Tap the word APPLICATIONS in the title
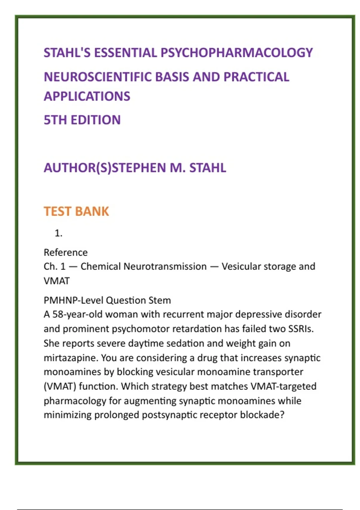pyautogui.click(x=87, y=96)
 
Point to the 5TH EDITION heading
pyautogui.click(x=82, y=120)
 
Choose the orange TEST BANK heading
pyautogui.click(x=76, y=211)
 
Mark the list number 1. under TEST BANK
pyautogui.click(x=58, y=233)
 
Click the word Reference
pyautogui.click(x=66, y=252)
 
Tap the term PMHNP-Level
pyautogui.click(x=73, y=300)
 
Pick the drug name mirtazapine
pyautogui.click(x=70, y=358)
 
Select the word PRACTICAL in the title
pyautogui.click(x=256, y=77)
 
